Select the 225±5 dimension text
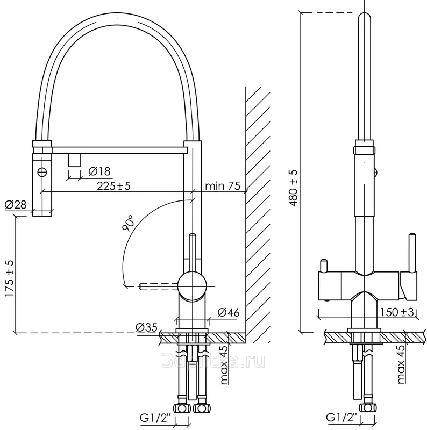point(114,185)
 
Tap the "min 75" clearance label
point(222,186)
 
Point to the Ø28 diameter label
point(16,204)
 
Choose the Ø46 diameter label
point(229,312)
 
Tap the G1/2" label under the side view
point(154,418)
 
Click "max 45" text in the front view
point(400,365)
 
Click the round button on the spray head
point(42,172)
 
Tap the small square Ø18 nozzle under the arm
point(74,159)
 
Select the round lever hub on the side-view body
point(192,285)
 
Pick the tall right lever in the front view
point(411,253)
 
